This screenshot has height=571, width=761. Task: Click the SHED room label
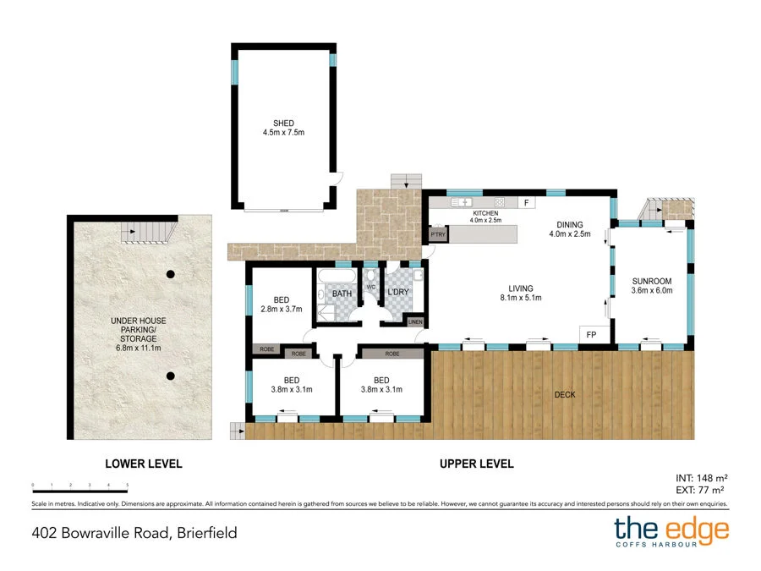(283, 124)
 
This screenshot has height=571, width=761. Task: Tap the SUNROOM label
(651, 281)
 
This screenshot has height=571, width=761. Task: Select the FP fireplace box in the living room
(591, 335)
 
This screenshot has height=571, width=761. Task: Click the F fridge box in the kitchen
(525, 203)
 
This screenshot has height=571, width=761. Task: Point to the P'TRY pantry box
(437, 234)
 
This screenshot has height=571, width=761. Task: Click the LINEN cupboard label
(414, 321)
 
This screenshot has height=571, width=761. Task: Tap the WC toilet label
(370, 287)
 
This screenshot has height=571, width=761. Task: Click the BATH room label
(342, 294)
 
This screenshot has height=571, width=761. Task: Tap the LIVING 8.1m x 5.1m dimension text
(520, 298)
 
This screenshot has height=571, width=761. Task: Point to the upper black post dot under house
(171, 273)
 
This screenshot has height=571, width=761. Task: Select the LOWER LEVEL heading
(143, 464)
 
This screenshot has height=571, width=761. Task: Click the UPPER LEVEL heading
(476, 464)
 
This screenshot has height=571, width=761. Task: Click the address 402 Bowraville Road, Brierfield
(134, 533)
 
